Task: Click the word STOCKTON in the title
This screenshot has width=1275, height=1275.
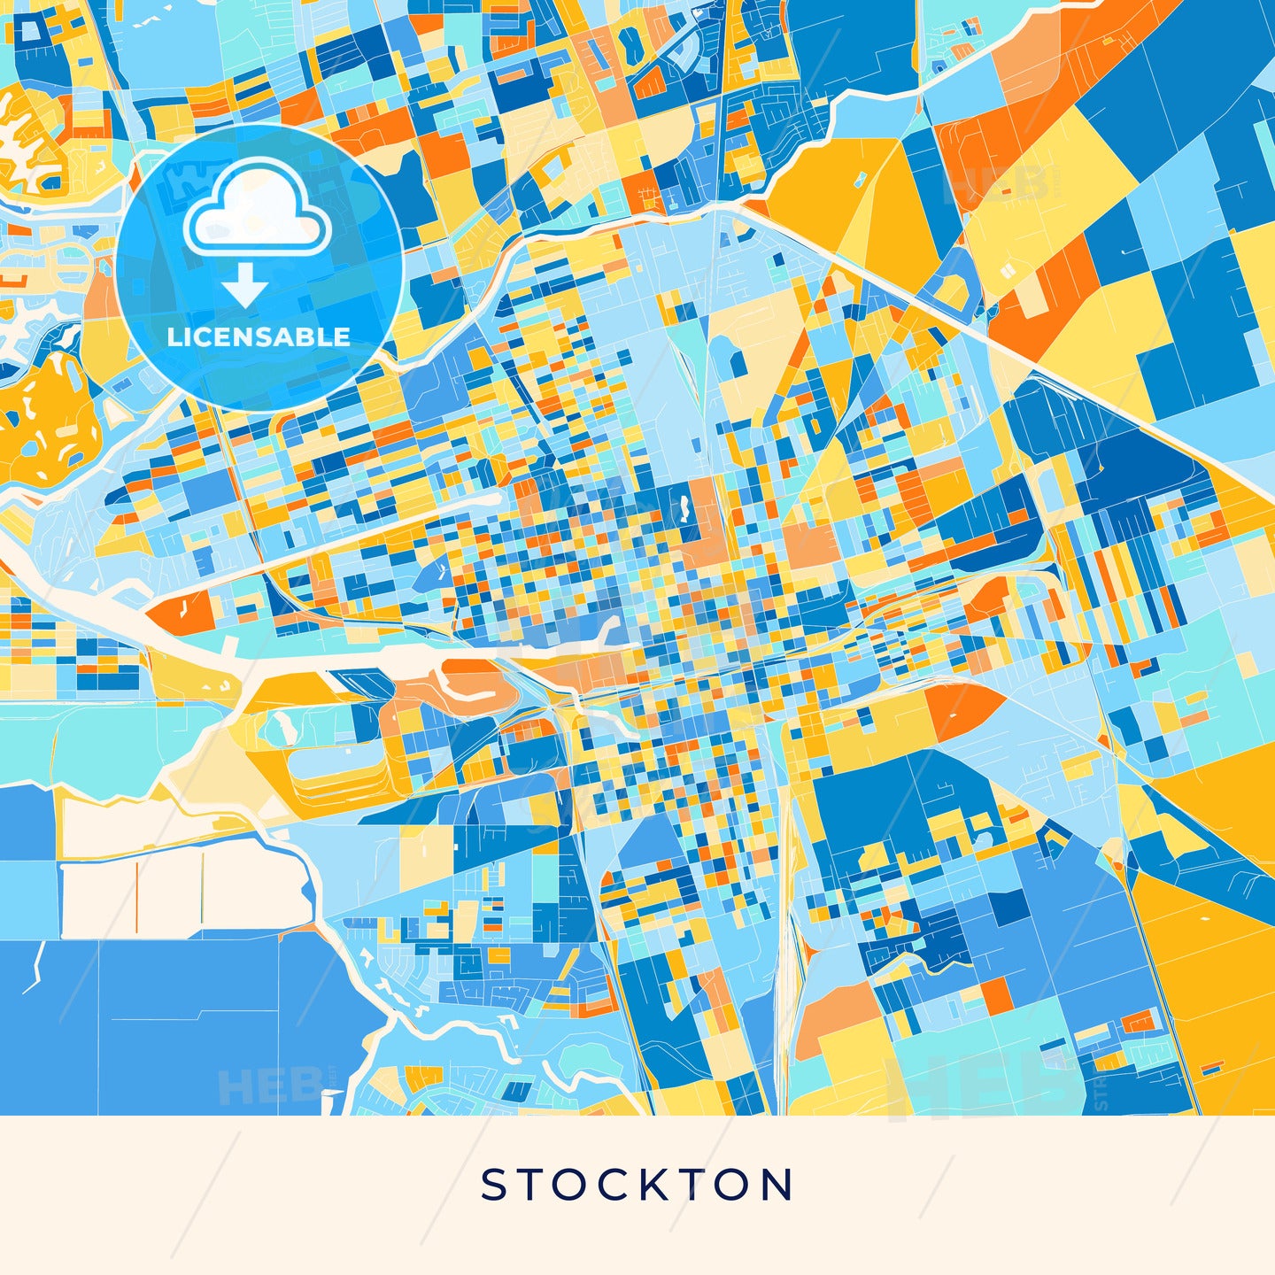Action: (x=637, y=1185)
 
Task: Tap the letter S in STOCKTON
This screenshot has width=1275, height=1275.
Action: (x=492, y=1185)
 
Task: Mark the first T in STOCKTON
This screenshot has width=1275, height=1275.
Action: (x=529, y=1185)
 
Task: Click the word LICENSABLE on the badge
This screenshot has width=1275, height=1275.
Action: (x=259, y=336)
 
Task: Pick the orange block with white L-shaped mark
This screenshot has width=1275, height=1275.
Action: (x=182, y=611)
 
